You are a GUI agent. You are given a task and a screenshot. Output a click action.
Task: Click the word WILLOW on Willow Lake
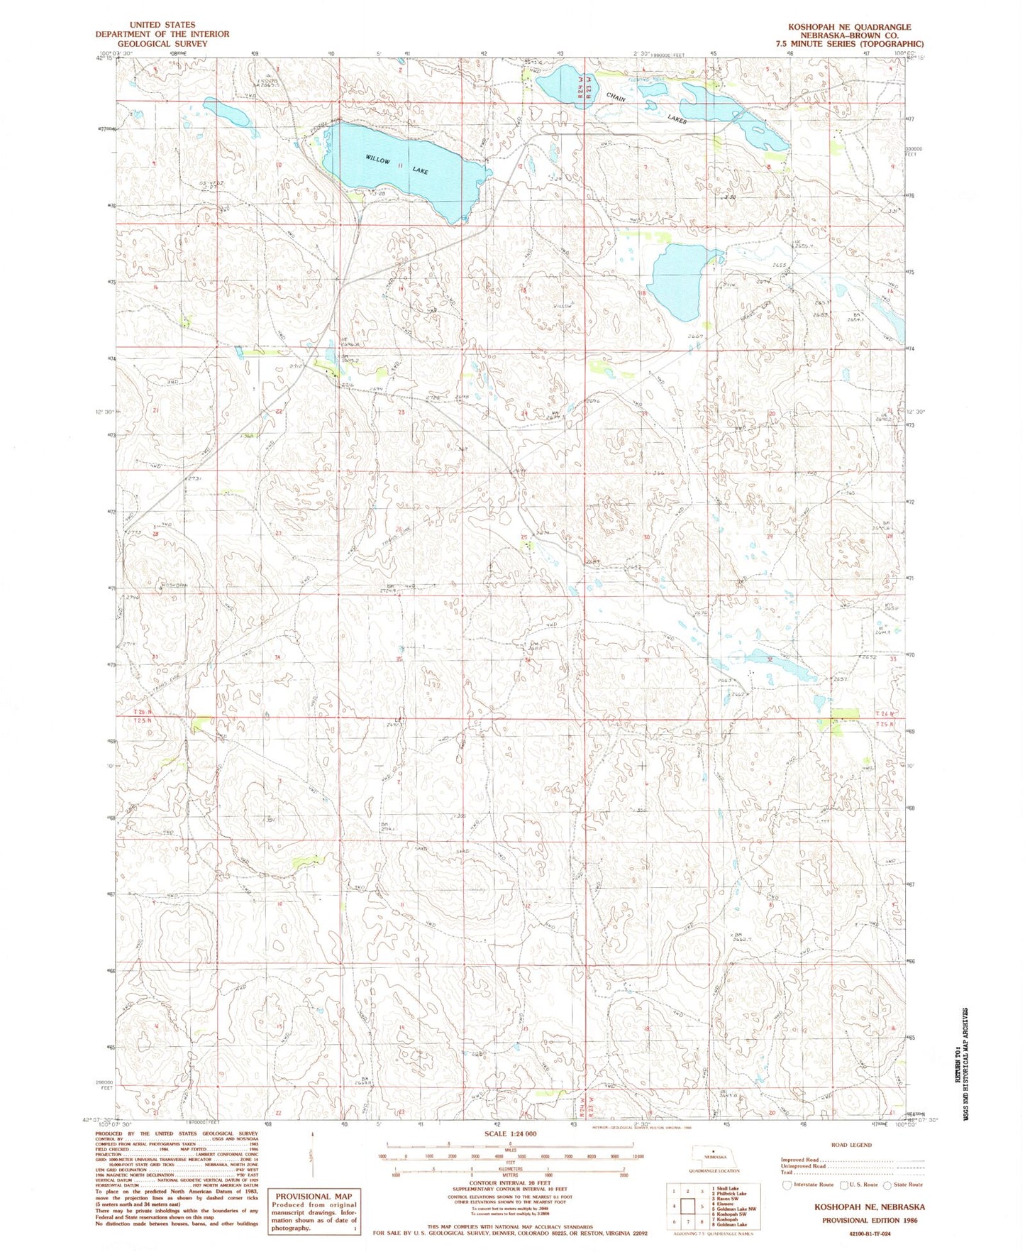(378, 160)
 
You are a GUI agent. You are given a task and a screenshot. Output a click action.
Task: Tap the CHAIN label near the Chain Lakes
(615, 98)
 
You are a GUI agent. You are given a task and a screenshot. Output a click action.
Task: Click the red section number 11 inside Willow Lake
(401, 165)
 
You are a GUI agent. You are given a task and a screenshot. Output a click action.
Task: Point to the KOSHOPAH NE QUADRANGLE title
(849, 26)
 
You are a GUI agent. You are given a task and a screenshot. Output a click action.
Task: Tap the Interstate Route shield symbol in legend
(787, 1185)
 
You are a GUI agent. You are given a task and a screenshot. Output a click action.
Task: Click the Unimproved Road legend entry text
(804, 1166)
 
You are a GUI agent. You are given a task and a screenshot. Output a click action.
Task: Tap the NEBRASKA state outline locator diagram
(711, 1155)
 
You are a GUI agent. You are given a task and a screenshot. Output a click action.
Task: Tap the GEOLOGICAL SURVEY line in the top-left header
(163, 43)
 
